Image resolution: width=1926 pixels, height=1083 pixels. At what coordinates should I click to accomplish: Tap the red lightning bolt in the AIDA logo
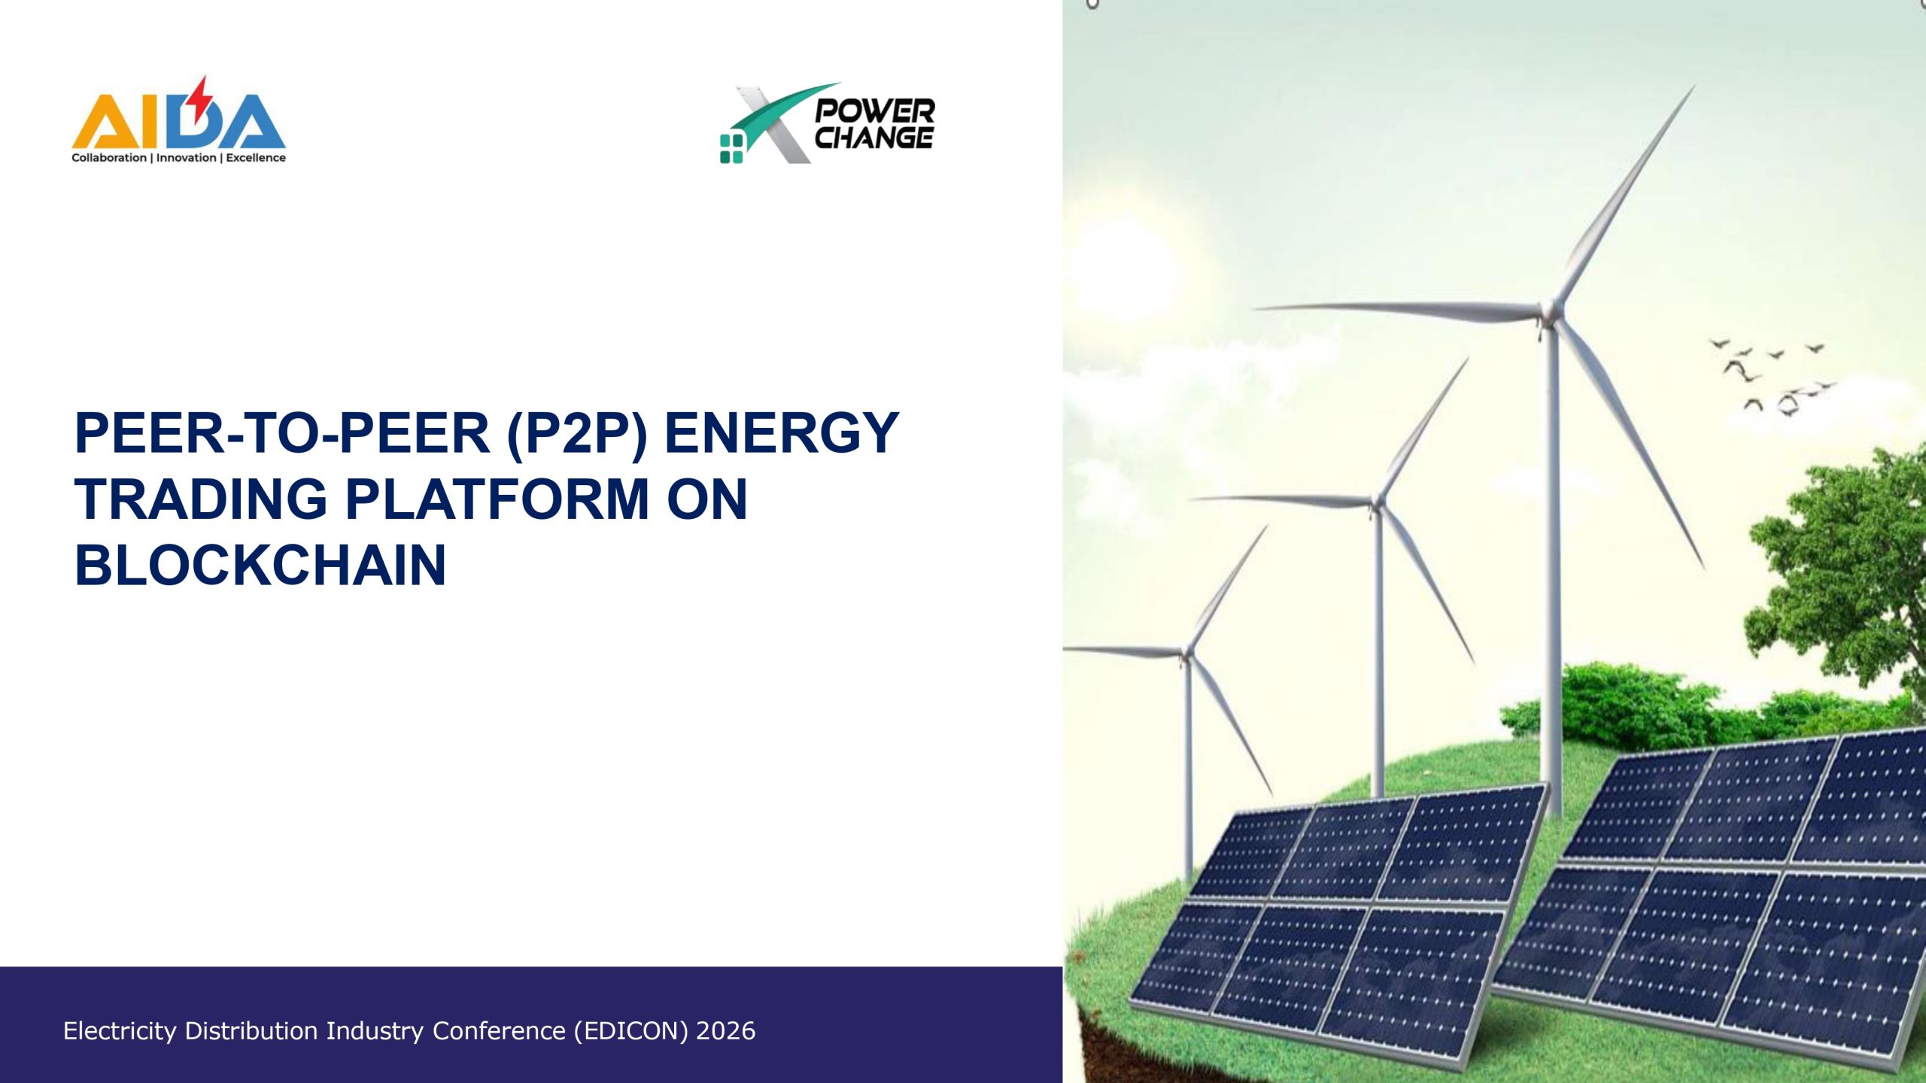pos(200,100)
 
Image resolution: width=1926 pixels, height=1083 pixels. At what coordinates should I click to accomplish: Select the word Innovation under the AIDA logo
pos(186,158)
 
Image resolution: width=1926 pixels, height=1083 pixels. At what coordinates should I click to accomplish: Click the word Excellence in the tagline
pos(256,158)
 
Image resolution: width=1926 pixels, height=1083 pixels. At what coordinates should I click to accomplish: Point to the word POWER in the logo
pos(875,111)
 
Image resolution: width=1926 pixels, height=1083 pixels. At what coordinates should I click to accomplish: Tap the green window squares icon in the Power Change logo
pos(731,148)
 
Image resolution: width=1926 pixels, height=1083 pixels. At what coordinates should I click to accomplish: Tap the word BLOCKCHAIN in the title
pos(260,565)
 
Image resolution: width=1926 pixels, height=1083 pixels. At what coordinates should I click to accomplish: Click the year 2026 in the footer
pos(726,1030)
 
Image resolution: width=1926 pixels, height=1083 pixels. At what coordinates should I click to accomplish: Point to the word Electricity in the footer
pos(120,1030)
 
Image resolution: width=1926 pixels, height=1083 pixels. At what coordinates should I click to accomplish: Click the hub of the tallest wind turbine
pos(1550,313)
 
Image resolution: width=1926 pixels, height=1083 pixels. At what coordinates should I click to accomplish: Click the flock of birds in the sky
pos(1773,377)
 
